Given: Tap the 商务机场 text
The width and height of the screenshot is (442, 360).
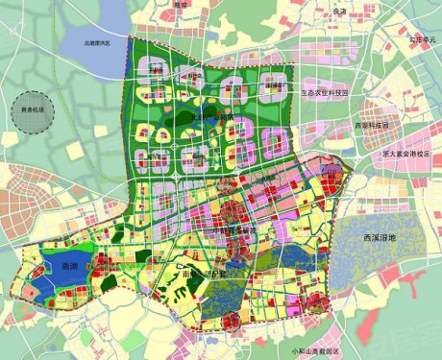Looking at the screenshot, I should [33, 109].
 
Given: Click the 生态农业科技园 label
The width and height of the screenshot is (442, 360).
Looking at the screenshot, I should [328, 93].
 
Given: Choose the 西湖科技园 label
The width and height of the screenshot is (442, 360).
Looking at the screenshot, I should [371, 125].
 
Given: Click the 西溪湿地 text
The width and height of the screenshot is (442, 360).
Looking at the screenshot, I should [372, 236].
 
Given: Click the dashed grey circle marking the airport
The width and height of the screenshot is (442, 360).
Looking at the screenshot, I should [33, 108].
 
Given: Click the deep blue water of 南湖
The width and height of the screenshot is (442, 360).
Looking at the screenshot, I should [58, 274].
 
